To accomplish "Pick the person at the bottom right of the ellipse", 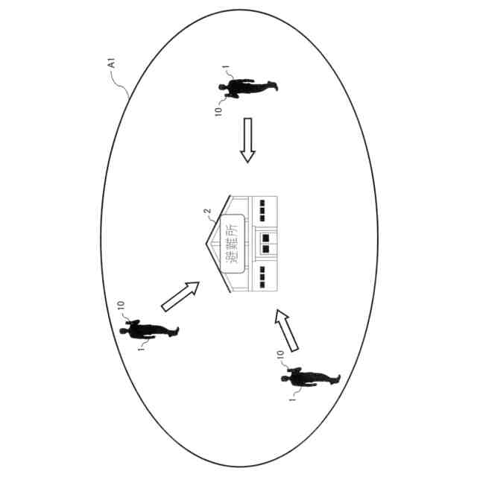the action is pyautogui.click(x=312, y=378).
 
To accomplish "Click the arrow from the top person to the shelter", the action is pyautogui.click(x=247, y=140).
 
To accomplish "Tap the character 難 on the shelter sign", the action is pyautogui.click(x=233, y=241).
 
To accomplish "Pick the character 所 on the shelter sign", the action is pyautogui.click(x=233, y=223).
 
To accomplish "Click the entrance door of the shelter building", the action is pyautogui.click(x=267, y=240).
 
